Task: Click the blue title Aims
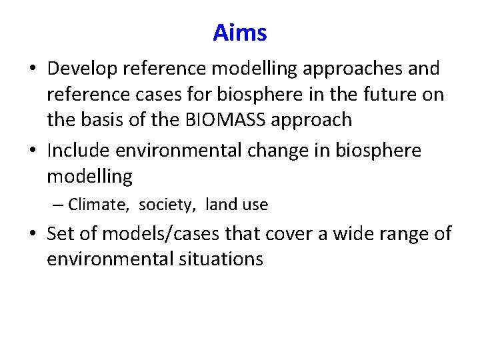click(x=240, y=32)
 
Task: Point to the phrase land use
click(x=237, y=205)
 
